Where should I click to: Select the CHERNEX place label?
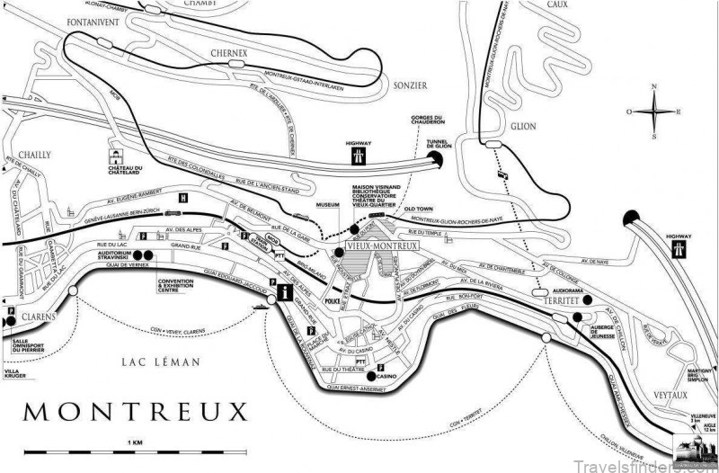227,53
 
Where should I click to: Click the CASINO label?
389,375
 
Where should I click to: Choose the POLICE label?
333,302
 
